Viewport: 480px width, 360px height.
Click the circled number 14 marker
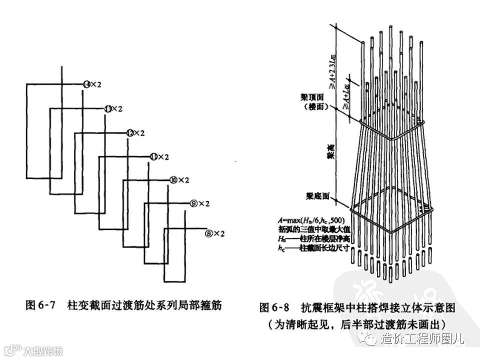(87, 85)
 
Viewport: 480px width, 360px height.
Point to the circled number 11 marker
(153, 157)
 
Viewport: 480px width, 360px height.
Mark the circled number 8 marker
(209, 233)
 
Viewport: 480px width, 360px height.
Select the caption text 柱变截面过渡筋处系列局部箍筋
(143, 304)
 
